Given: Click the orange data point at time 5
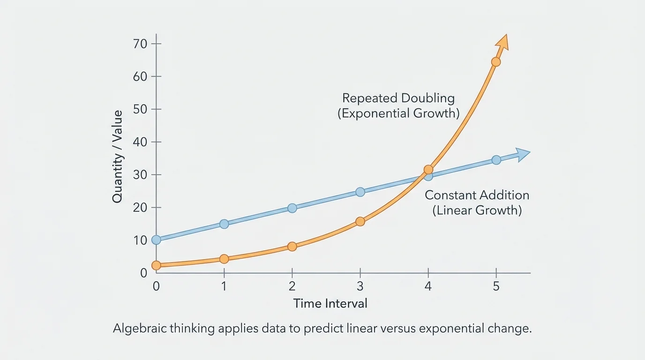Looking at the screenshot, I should click(496, 61).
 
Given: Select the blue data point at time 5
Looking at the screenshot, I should click(496, 160).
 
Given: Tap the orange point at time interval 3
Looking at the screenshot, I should click(360, 221).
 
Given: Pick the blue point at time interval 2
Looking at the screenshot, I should click(292, 208).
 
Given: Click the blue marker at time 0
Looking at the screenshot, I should click(156, 240).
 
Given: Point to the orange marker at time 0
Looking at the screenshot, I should click(156, 265).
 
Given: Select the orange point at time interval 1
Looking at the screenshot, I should click(224, 259).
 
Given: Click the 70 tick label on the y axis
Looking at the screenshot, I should click(141, 44).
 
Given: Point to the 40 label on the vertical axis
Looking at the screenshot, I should click(141, 142).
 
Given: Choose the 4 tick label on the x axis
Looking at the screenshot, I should click(428, 286).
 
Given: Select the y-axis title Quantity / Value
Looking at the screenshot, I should click(117, 157).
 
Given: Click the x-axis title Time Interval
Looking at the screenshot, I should click(330, 304).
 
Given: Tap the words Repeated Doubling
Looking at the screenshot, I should click(398, 98).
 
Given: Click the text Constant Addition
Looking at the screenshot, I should click(477, 195).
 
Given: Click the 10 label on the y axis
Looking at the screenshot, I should click(141, 240).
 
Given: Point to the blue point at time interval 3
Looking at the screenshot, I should click(360, 192).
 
